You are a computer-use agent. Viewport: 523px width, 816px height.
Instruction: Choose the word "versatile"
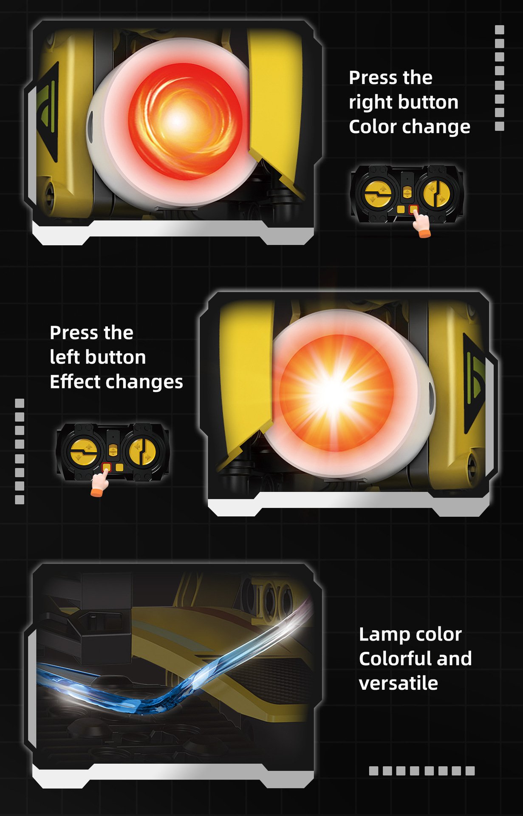tap(399, 683)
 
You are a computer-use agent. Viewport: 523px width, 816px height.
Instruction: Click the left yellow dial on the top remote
tap(378, 194)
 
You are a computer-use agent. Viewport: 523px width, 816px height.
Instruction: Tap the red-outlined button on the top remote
tap(413, 209)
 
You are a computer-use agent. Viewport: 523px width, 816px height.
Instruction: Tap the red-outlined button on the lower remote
tap(107, 467)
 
